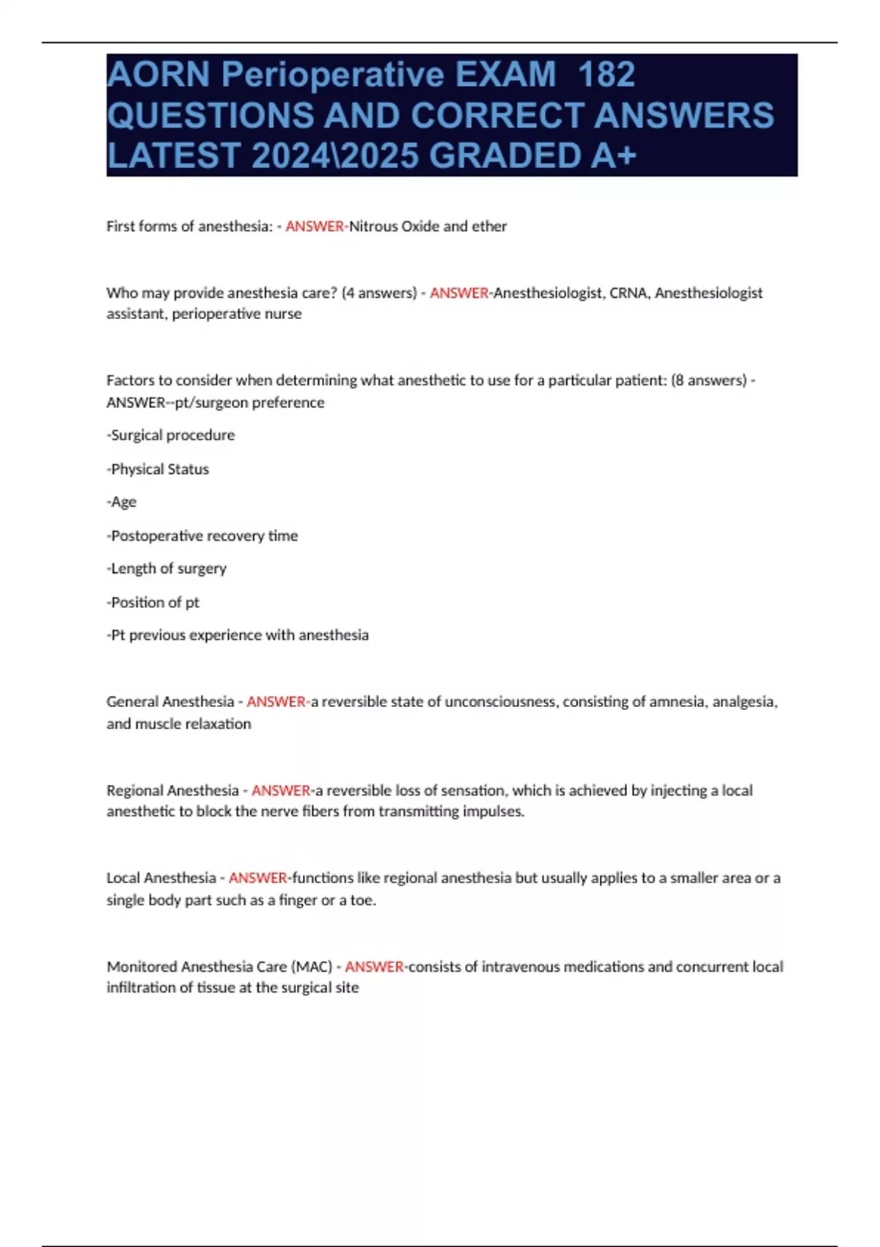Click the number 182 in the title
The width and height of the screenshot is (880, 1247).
tap(606, 75)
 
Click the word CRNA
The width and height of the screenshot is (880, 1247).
tap(628, 293)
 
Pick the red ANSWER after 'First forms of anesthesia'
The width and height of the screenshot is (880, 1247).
tap(315, 226)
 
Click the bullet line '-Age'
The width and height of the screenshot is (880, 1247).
tap(122, 502)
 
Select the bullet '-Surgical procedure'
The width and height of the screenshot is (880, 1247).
tap(171, 435)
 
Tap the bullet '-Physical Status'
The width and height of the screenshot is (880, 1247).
tap(158, 469)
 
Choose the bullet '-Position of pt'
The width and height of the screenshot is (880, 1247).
tap(153, 602)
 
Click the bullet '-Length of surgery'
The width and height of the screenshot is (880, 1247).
tap(166, 568)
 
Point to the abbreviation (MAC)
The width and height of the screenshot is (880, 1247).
tap(312, 966)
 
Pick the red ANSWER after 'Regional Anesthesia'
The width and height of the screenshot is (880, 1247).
tap(281, 790)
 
